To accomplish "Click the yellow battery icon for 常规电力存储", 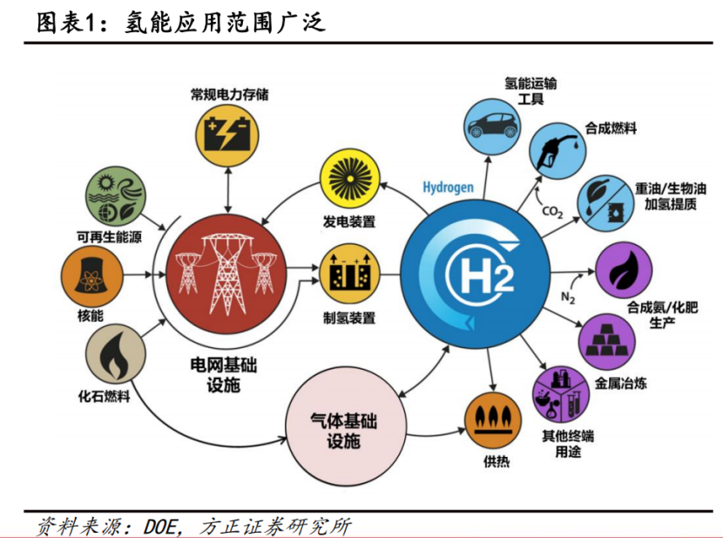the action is (226, 135).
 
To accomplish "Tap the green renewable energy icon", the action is (116, 195).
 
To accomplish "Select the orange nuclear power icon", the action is (92, 276).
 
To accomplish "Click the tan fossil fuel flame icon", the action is (116, 353).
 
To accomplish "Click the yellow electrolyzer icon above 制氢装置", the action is (349, 274).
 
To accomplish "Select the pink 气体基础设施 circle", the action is (345, 426).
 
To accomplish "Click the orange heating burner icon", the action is (492, 420).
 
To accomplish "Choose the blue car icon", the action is (492, 126).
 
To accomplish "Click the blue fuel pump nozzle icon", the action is (557, 151).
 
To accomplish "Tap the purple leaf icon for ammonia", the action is (624, 270).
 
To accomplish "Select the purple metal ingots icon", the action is (606, 342).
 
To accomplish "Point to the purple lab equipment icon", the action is (561, 394).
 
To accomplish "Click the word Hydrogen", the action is (449, 187).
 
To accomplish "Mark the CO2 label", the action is (552, 212).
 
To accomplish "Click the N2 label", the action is (568, 298).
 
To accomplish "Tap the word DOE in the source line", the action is (160, 527).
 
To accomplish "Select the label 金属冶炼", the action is (620, 383).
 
